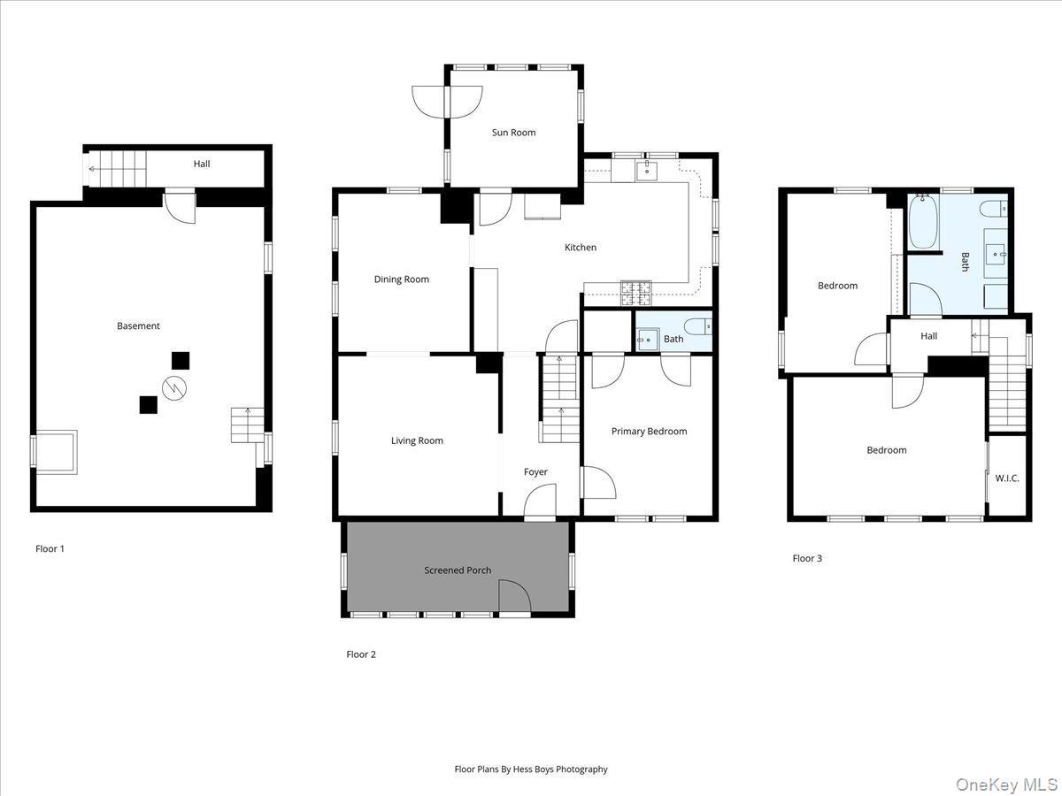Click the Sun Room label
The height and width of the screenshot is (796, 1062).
click(513, 133)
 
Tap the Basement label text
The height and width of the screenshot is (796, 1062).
click(138, 326)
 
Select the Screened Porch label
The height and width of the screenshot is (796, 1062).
click(458, 570)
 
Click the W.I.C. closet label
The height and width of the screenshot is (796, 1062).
click(1007, 478)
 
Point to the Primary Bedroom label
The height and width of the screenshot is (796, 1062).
click(649, 432)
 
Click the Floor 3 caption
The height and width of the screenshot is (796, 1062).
click(807, 558)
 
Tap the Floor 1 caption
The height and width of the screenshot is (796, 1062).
click(50, 548)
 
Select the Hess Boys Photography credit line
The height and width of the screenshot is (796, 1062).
click(531, 769)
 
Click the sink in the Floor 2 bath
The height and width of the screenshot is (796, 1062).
click(647, 339)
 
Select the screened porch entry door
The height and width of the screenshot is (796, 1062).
click(513, 598)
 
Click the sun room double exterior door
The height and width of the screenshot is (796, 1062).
click(447, 100)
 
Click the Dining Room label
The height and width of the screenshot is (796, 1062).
click(401, 279)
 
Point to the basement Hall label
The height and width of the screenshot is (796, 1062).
click(202, 164)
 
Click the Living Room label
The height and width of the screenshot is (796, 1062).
click(417, 440)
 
